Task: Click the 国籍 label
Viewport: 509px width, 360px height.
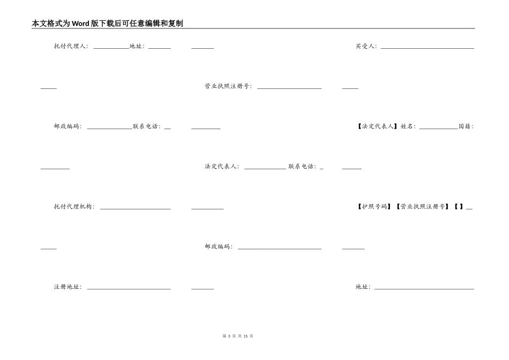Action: (x=466, y=126)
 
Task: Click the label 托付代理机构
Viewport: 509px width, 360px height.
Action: (x=74, y=206)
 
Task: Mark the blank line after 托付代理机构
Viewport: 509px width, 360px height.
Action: (x=135, y=208)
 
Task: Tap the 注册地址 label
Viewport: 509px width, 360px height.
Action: (x=68, y=287)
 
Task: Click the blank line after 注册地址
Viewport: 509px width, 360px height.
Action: (x=129, y=289)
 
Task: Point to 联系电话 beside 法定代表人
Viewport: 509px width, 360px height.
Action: (x=302, y=167)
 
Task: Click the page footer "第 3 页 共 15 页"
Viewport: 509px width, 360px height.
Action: (x=238, y=336)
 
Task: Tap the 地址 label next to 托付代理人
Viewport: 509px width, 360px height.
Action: (x=137, y=46)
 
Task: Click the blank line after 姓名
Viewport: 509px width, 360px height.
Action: (x=438, y=128)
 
